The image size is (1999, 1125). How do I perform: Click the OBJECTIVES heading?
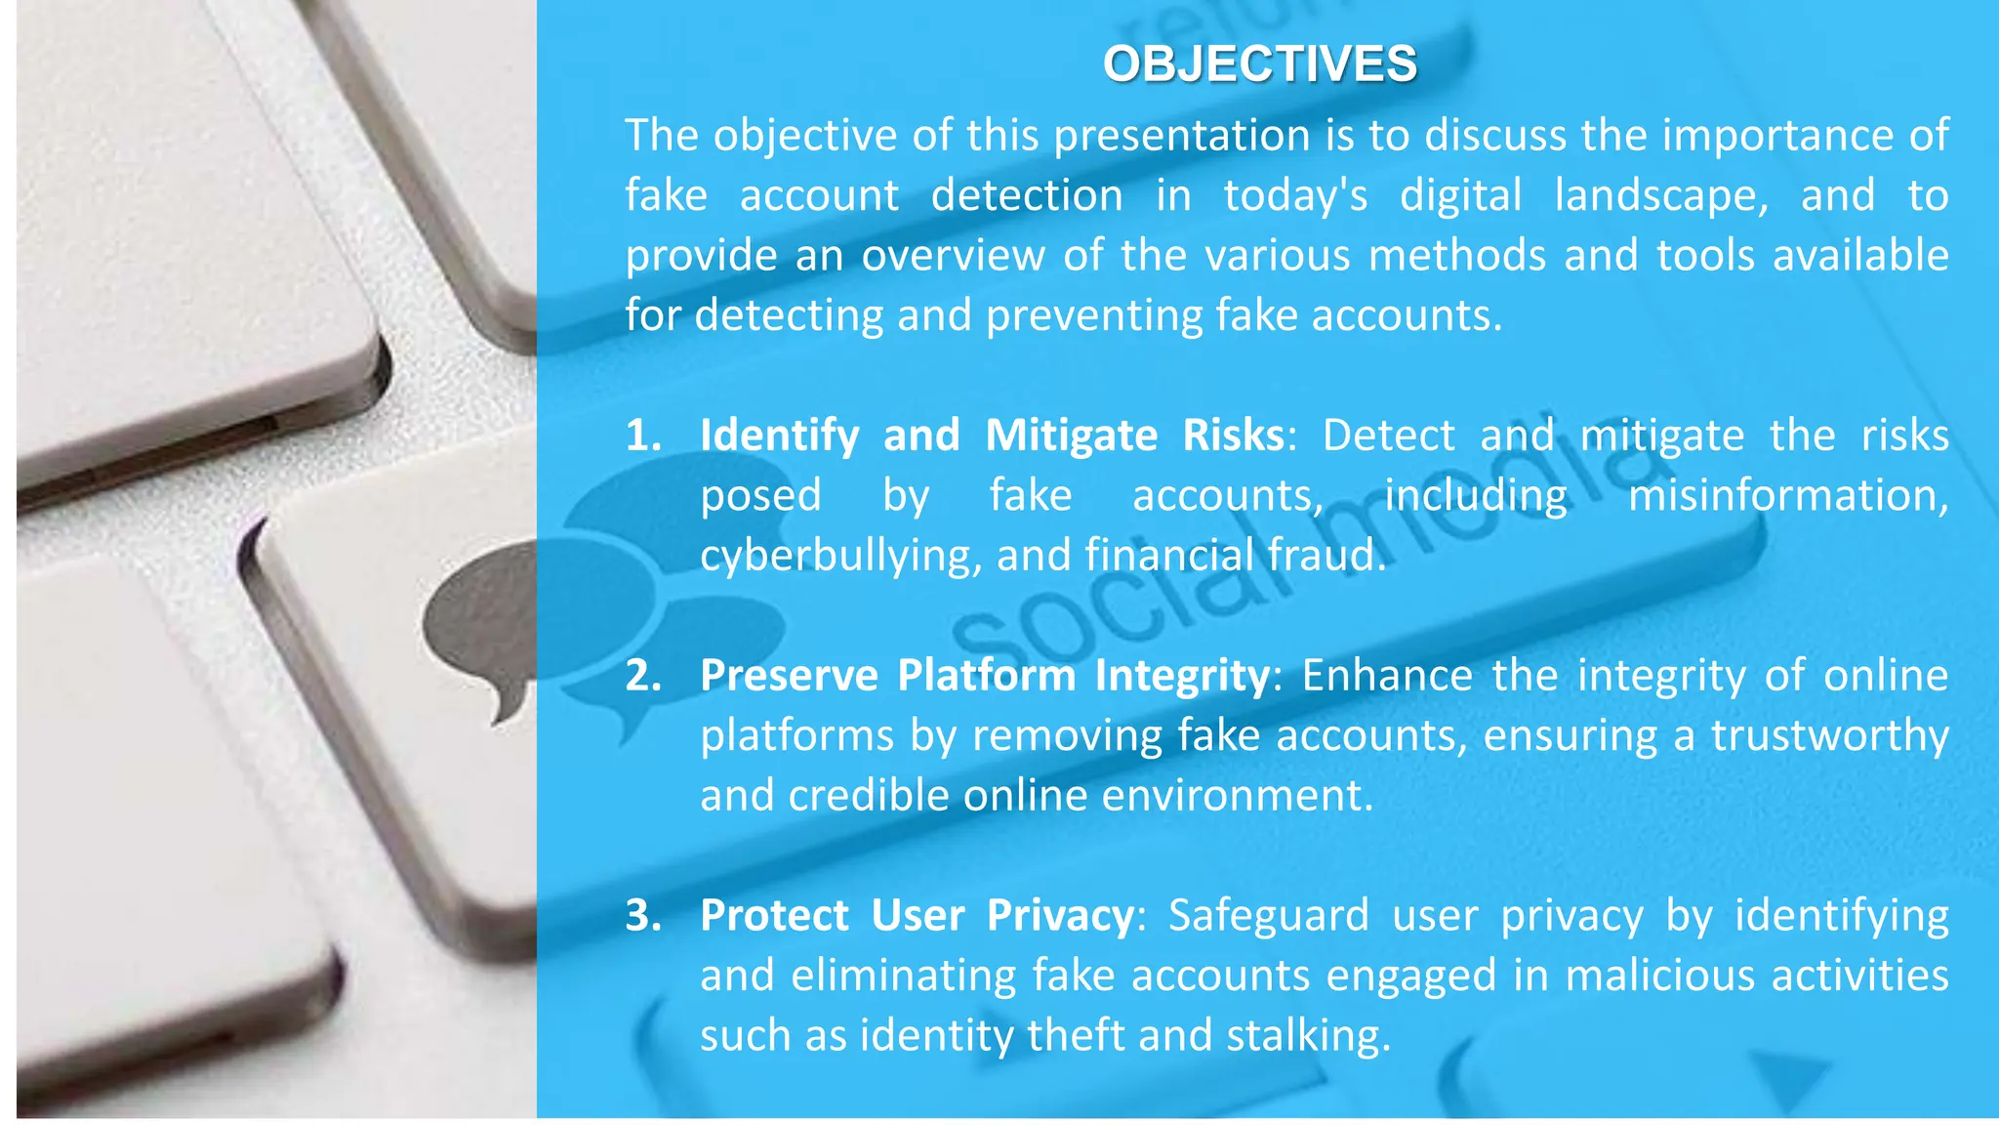tap(1259, 64)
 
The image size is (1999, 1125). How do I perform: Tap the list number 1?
tap(643, 436)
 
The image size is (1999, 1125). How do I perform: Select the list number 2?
tap(643, 676)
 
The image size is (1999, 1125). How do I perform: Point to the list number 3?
tap(643, 916)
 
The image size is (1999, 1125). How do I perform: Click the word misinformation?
tap(1787, 495)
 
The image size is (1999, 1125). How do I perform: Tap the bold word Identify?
tap(779, 436)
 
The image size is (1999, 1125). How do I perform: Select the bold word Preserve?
tap(789, 676)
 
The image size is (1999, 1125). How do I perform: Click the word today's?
tap(1295, 195)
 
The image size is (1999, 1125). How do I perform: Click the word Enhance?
tap(1386, 676)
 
